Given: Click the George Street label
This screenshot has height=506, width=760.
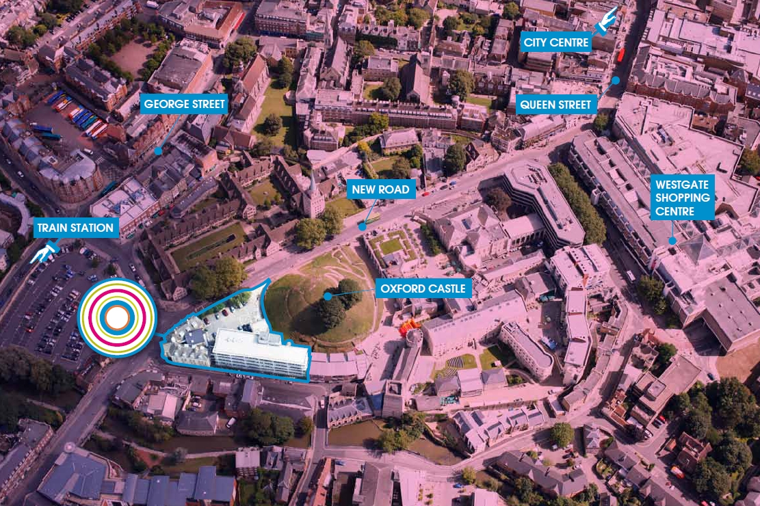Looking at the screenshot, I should [183, 105].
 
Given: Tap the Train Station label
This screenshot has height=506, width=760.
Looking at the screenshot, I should [75, 228].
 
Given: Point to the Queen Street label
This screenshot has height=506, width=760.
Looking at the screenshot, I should [556, 105].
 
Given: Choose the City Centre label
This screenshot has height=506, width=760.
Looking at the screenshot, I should [555, 42].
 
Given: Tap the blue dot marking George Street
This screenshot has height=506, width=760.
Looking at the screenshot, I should [158, 150].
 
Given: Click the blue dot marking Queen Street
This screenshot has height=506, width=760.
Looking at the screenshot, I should [616, 80].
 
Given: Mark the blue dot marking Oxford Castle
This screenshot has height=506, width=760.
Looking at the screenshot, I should [328, 296].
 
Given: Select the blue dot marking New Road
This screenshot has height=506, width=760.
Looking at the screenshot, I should [361, 225].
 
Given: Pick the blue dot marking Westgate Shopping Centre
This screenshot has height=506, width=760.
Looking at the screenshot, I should [672, 241].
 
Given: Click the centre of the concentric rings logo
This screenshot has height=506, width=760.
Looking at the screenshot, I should [117, 317].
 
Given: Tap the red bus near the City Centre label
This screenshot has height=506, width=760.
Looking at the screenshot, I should [620, 55].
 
